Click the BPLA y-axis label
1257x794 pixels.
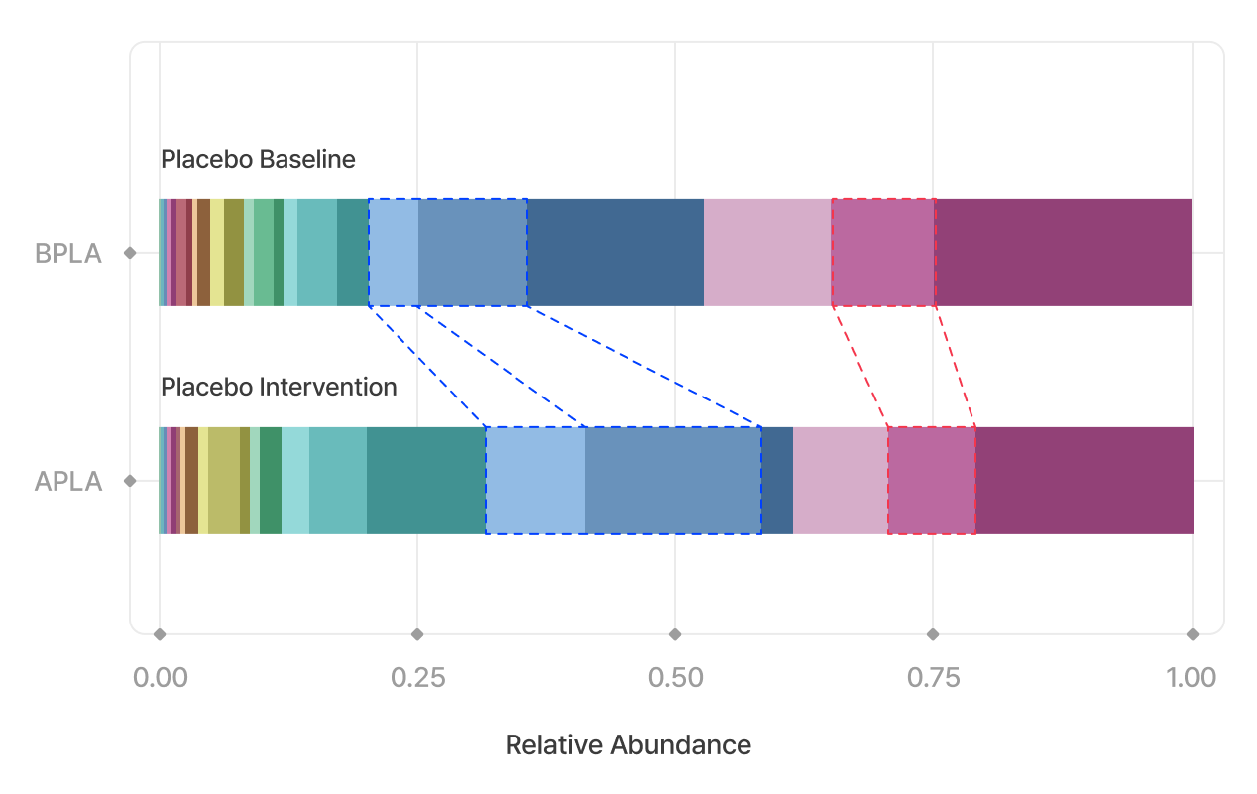(x=68, y=254)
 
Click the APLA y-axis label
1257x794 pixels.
(x=68, y=482)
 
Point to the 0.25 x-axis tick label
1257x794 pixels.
(x=416, y=678)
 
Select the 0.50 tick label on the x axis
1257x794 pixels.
(x=674, y=678)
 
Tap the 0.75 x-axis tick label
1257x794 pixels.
(x=933, y=678)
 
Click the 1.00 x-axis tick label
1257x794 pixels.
(x=1191, y=678)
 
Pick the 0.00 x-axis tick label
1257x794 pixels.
(x=160, y=678)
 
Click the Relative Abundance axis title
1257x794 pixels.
(x=628, y=745)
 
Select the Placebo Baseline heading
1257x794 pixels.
(x=258, y=159)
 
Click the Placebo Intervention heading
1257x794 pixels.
(x=279, y=387)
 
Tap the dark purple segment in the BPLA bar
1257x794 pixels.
(x=1063, y=253)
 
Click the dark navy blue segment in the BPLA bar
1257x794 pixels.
(x=615, y=253)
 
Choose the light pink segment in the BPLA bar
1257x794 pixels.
(x=767, y=253)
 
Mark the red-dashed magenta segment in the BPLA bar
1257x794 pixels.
(x=883, y=253)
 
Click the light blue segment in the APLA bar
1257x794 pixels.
(x=535, y=481)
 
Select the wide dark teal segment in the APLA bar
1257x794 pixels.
(x=426, y=481)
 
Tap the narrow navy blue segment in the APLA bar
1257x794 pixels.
(x=777, y=481)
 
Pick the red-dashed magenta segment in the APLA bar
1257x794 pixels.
(x=932, y=481)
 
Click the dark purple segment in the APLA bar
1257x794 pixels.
(x=1085, y=481)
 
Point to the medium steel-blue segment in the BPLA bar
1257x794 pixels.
(x=472, y=253)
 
